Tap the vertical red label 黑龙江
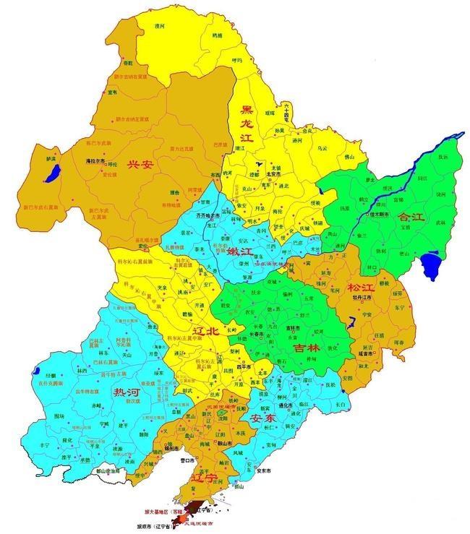(247, 126)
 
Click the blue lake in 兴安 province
(51, 173)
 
